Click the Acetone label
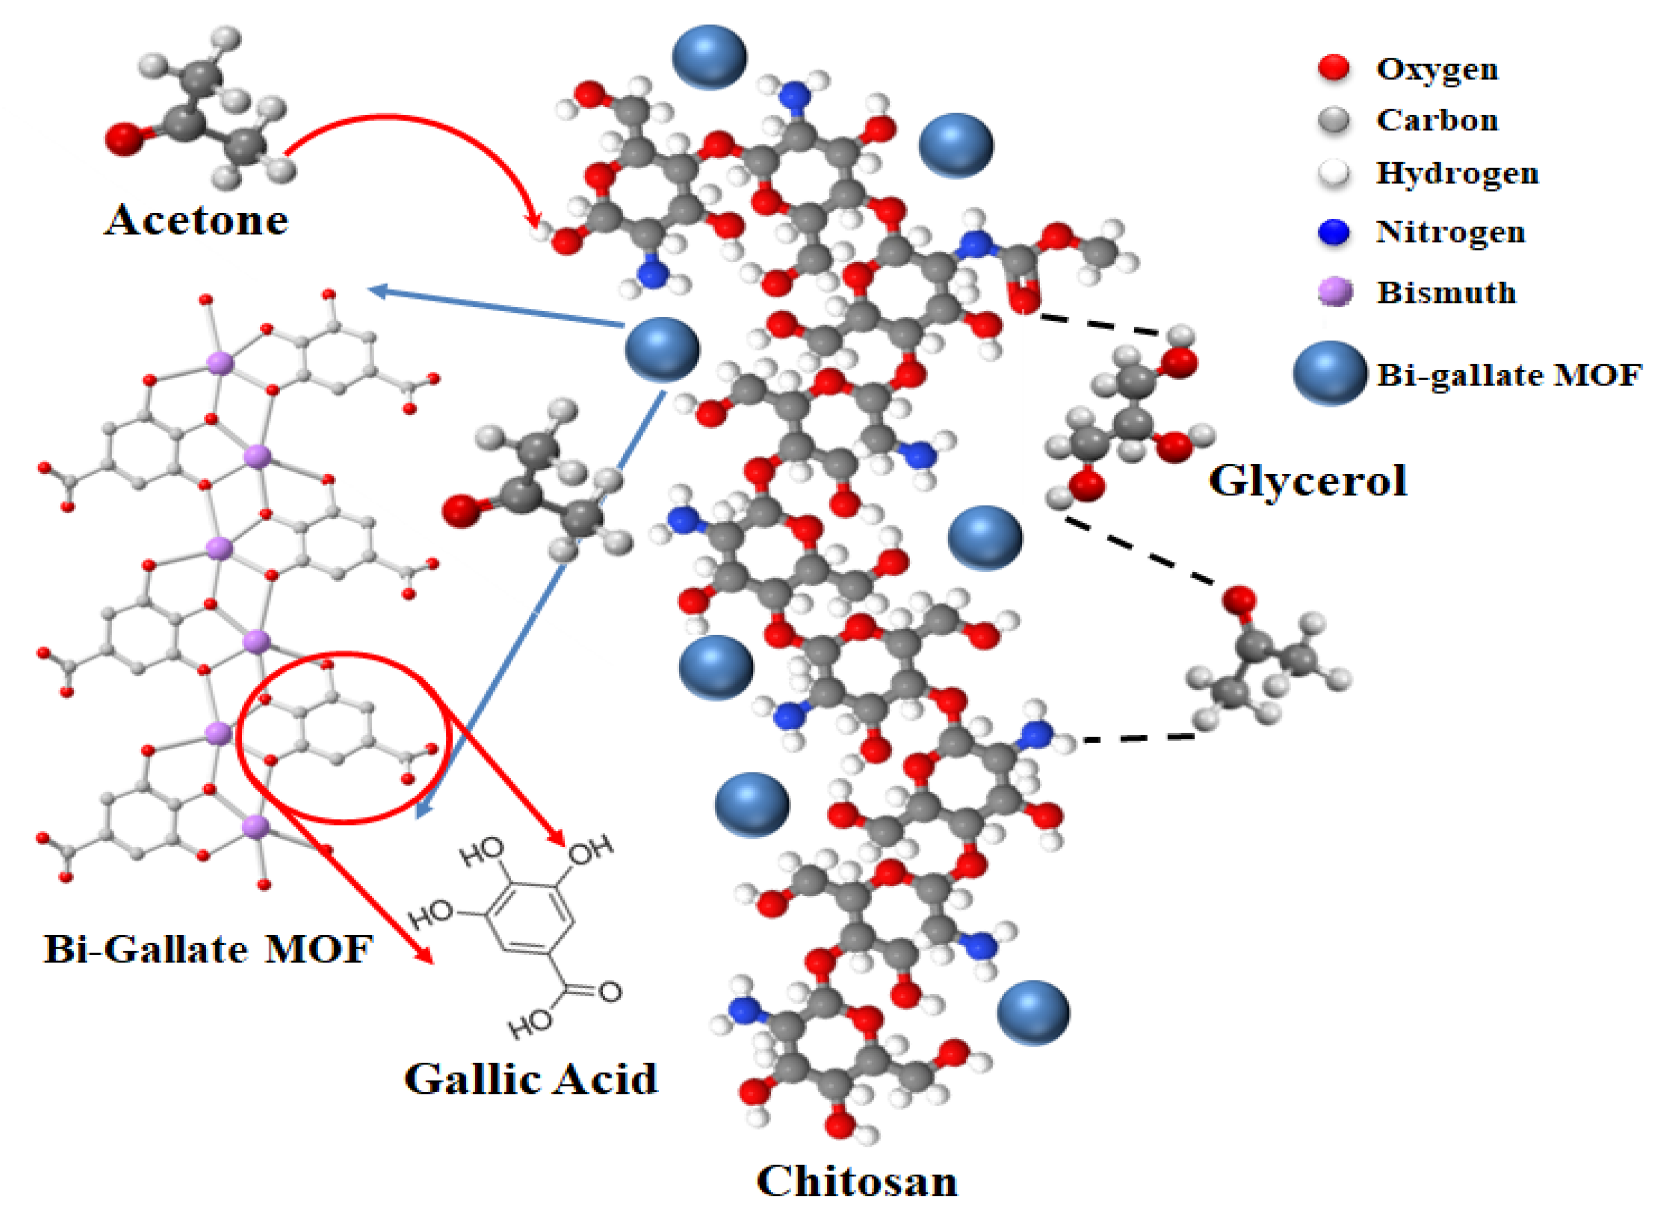point(195,220)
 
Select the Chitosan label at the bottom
point(856,1180)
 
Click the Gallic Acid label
point(530,1079)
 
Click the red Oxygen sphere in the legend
point(1333,68)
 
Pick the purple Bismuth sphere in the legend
point(1333,292)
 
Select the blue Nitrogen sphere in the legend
point(1333,232)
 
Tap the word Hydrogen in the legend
point(1456,173)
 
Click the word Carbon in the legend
point(1437,120)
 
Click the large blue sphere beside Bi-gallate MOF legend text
point(1329,373)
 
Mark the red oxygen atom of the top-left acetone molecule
point(124,139)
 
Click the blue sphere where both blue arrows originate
point(662,349)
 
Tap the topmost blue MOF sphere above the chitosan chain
point(709,57)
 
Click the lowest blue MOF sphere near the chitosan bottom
point(1032,1012)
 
